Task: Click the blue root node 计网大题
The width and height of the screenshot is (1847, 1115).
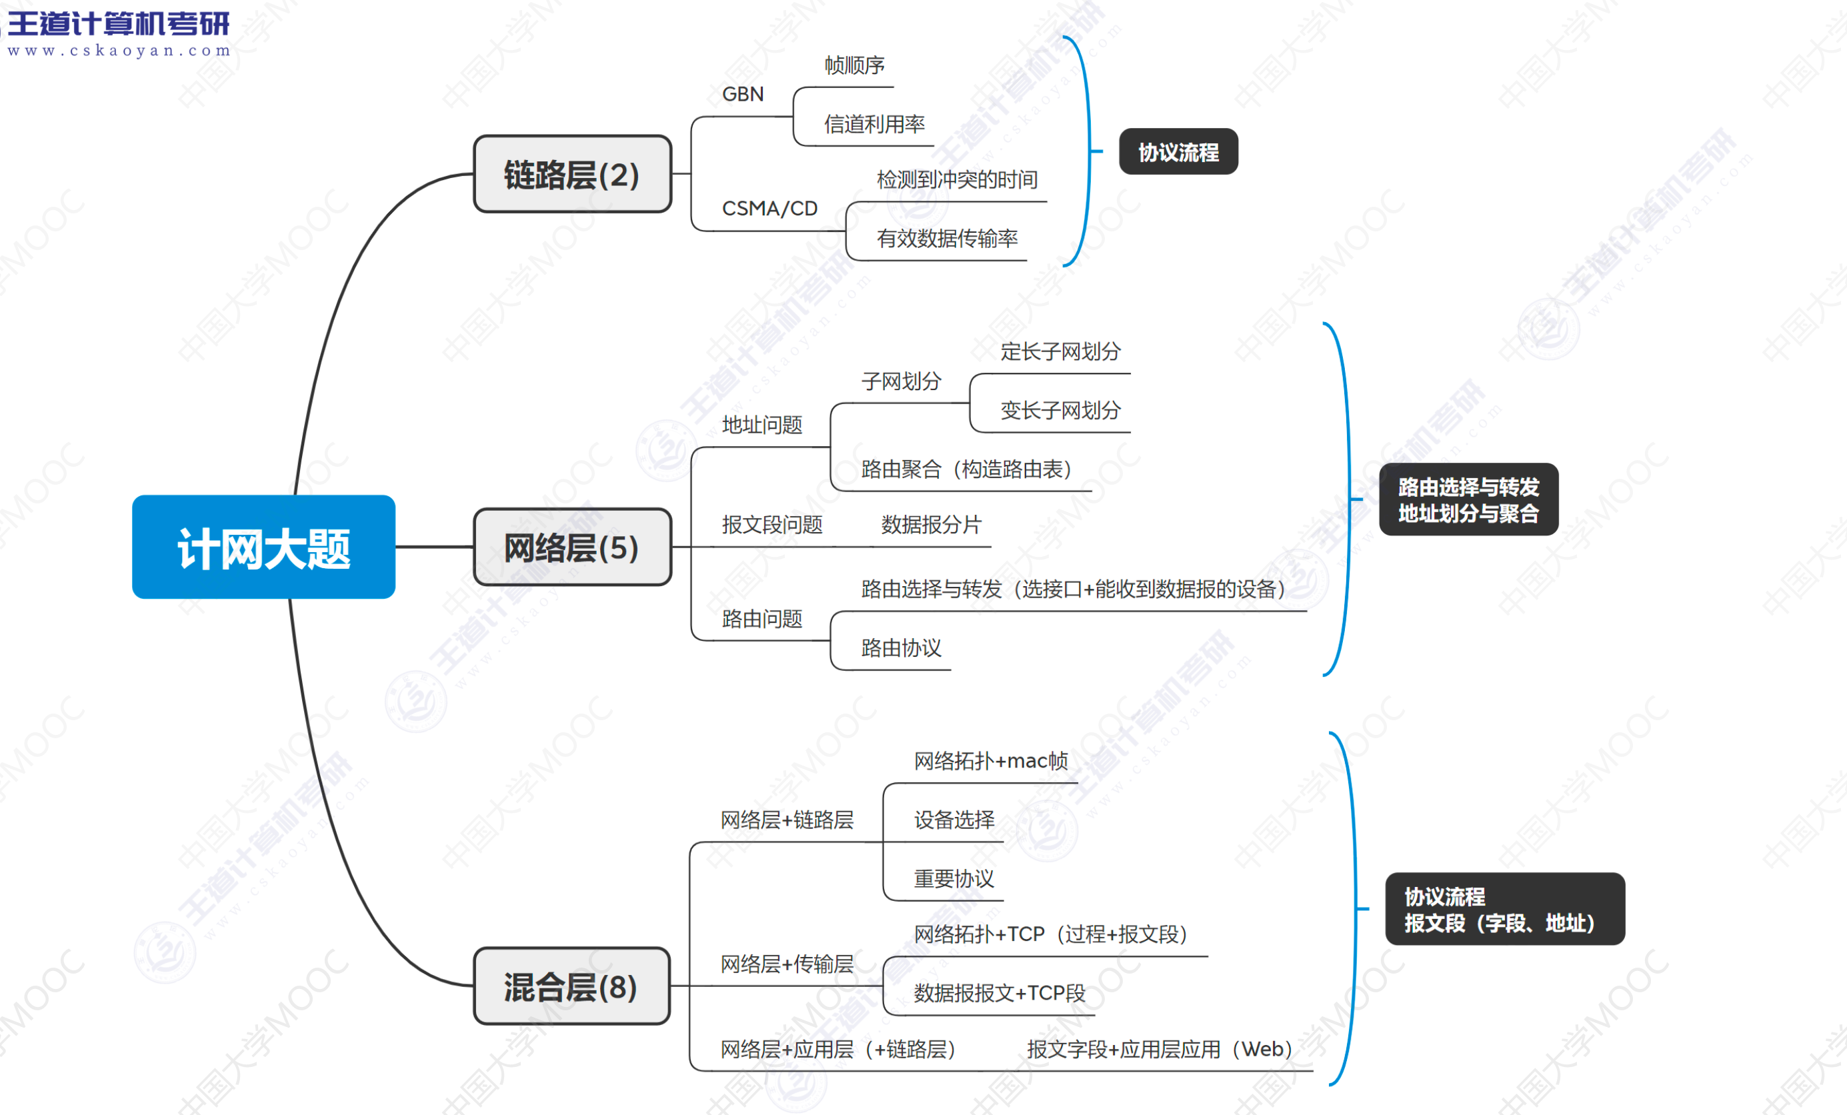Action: click(x=263, y=547)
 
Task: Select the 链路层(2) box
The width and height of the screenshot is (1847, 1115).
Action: click(x=572, y=174)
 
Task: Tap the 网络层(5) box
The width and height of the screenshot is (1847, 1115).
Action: click(x=572, y=547)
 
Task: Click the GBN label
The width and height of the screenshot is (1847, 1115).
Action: click(x=742, y=95)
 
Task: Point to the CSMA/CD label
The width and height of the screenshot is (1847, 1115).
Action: click(x=769, y=209)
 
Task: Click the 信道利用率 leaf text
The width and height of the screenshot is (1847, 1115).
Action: click(x=874, y=124)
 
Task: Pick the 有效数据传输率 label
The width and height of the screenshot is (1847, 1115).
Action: click(x=947, y=239)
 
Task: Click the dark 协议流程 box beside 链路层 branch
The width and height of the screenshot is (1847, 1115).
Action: click(x=1178, y=152)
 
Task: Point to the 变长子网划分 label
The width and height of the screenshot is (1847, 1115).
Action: click(x=1060, y=410)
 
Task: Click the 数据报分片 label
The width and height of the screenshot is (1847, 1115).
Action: click(x=931, y=525)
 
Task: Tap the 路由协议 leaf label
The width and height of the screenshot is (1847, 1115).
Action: click(x=901, y=648)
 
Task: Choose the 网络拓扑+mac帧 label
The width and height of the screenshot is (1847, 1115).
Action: click(x=990, y=761)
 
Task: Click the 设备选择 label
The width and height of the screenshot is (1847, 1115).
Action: click(x=954, y=820)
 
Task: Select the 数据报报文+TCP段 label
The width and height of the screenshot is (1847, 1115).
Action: click(x=1000, y=993)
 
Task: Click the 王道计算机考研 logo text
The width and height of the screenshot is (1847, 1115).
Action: click(x=119, y=24)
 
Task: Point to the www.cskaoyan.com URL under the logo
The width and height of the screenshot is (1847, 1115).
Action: click(x=119, y=51)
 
